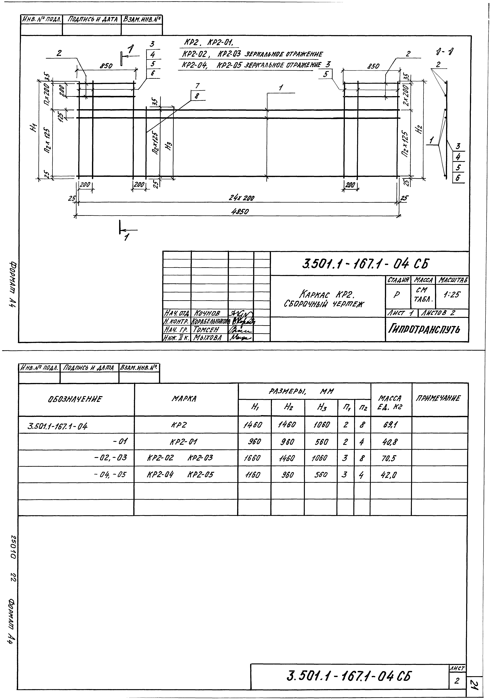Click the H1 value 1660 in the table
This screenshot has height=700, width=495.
(x=254, y=458)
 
